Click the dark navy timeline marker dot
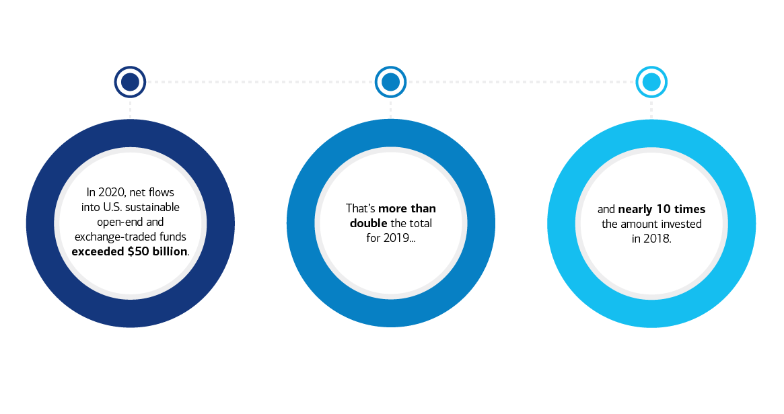130,82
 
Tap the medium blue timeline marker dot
390,82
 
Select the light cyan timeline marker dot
651,82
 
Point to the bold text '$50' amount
138,251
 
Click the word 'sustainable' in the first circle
152,207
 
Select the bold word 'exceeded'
98,251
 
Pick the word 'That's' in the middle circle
360,208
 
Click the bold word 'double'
369,223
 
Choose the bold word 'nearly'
635,210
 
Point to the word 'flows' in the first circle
162,192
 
